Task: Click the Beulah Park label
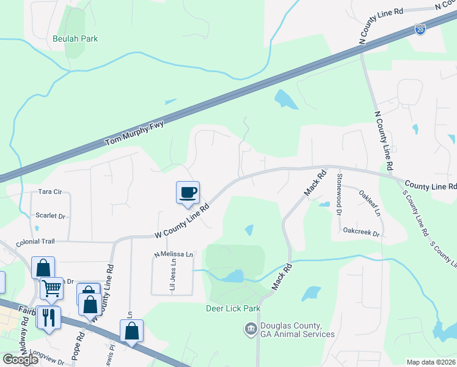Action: (x=75, y=39)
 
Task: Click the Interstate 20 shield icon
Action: (x=420, y=29)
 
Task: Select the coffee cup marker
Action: (x=188, y=192)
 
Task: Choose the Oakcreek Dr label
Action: (x=362, y=233)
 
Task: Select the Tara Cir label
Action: (x=50, y=191)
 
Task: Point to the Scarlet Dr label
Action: (x=50, y=216)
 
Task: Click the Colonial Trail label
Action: (x=36, y=242)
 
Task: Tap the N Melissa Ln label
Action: (x=173, y=254)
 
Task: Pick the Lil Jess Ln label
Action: (x=173, y=273)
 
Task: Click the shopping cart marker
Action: (x=51, y=287)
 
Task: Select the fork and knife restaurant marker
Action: (x=48, y=316)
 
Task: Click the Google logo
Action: (x=21, y=360)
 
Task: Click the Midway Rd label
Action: (x=24, y=343)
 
